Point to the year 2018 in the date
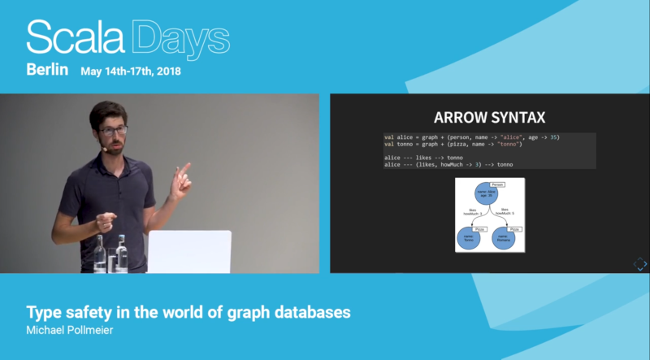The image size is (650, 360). pyautogui.click(x=167, y=72)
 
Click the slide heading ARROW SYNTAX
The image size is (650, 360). pyautogui.click(x=489, y=118)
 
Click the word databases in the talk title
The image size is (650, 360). pyautogui.click(x=310, y=312)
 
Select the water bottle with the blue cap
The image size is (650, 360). pyautogui.click(x=122, y=252)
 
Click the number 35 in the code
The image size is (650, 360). pyautogui.click(x=554, y=137)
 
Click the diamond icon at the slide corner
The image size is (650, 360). pyautogui.click(x=639, y=264)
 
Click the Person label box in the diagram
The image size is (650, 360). pyautogui.click(x=498, y=185)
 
